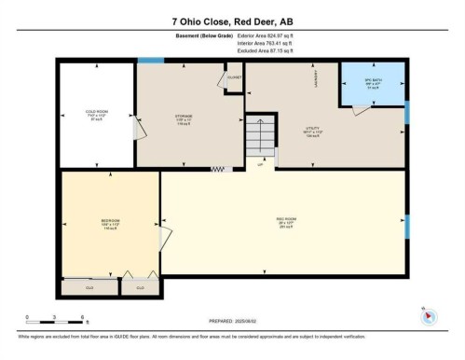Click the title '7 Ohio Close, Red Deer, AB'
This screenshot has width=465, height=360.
click(x=232, y=21)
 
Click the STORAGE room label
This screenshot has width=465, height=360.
click(x=184, y=118)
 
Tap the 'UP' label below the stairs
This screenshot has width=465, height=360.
click(x=261, y=165)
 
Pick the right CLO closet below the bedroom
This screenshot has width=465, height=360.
click(x=140, y=288)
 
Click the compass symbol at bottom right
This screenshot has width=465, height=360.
click(x=429, y=314)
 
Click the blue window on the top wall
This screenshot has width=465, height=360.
click(x=150, y=62)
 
